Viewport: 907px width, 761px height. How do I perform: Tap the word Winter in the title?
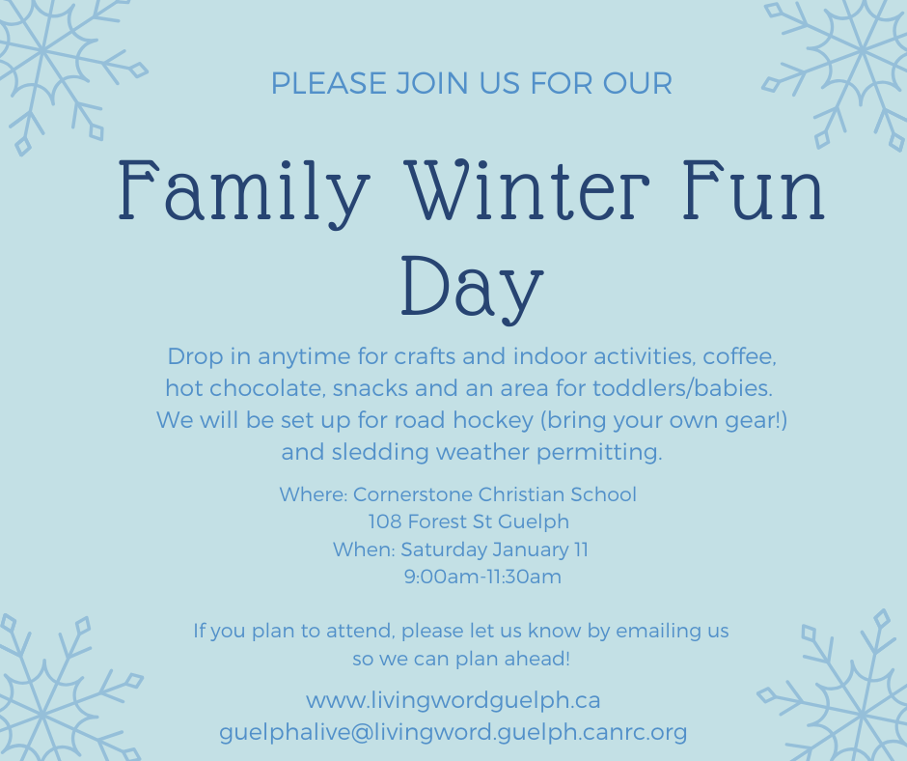[x=527, y=189]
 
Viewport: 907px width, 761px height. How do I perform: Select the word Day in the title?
[x=472, y=290]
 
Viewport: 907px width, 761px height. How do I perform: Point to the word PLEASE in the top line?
[x=329, y=83]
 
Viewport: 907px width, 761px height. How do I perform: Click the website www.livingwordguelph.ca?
[x=453, y=701]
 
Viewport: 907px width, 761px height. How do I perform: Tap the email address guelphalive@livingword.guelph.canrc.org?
[x=453, y=733]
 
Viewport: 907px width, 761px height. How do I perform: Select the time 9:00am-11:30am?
[x=482, y=577]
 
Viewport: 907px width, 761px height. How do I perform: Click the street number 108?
[x=385, y=521]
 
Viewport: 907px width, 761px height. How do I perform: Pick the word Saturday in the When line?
[x=444, y=550]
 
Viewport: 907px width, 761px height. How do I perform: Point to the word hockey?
[x=493, y=421]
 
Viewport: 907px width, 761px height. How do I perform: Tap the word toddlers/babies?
[x=682, y=388]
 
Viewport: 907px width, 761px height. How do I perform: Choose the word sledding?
[x=380, y=452]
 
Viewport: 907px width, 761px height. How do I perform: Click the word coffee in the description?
[x=739, y=356]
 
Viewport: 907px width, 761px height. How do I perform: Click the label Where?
[x=314, y=494]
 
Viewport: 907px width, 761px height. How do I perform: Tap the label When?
[x=364, y=550]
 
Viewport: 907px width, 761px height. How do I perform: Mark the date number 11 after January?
[x=581, y=550]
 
